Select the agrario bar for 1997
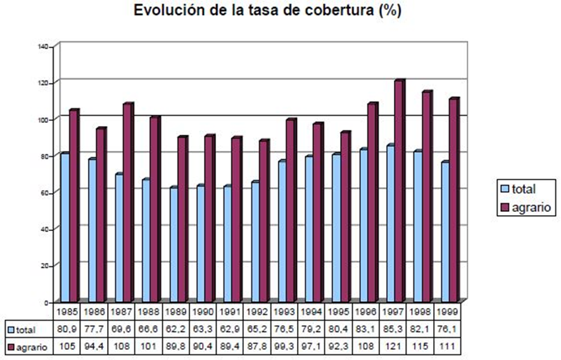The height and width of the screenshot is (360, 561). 398,190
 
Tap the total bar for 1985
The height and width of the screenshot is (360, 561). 64,227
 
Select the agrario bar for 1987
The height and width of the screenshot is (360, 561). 127,202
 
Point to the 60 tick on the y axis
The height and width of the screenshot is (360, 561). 46,192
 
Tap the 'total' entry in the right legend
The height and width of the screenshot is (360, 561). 523,189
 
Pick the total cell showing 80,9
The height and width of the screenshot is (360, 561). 67,330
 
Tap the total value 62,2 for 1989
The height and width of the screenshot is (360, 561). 175,330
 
